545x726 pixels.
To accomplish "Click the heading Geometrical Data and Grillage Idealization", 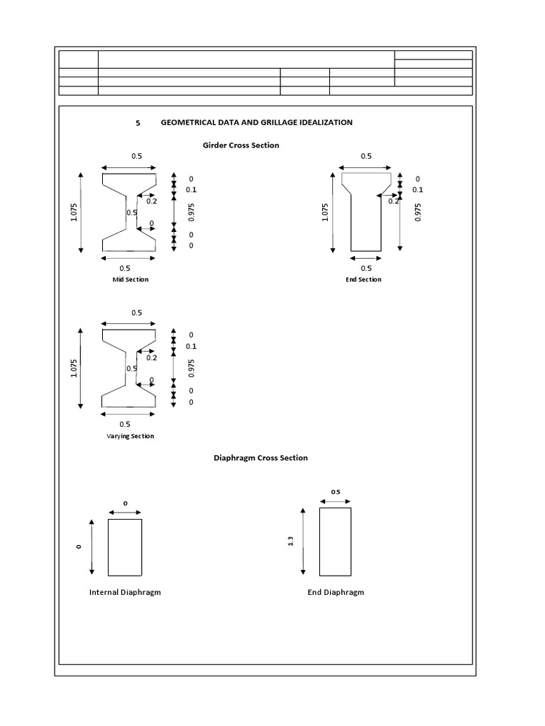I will pyautogui.click(x=256, y=123).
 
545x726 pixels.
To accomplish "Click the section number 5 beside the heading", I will pyautogui.click(x=138, y=123).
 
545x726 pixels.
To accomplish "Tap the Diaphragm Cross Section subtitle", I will pyautogui.click(x=260, y=458).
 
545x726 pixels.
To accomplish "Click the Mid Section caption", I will pyautogui.click(x=131, y=279).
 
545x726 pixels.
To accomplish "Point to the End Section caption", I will pyautogui.click(x=363, y=279).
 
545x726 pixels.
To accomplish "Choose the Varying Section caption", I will pyautogui.click(x=131, y=436).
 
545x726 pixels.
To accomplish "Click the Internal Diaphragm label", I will pyautogui.click(x=125, y=592).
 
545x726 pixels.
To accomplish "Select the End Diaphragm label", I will pyautogui.click(x=336, y=592).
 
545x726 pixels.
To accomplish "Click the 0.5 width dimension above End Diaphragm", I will pyautogui.click(x=336, y=491).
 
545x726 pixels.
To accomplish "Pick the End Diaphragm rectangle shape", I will pyautogui.click(x=335, y=542).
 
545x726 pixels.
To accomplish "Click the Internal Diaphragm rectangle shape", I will pyautogui.click(x=125, y=547).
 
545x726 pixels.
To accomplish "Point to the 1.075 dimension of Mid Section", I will pyautogui.click(x=74, y=213).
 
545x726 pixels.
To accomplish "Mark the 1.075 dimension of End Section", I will pyautogui.click(x=325, y=213).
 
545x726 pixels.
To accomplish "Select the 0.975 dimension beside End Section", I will pyautogui.click(x=417, y=213).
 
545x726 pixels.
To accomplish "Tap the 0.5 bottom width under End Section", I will pyautogui.click(x=366, y=268).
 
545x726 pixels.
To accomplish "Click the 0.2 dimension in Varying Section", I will pyautogui.click(x=152, y=357).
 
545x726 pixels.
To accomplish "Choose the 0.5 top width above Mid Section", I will pyautogui.click(x=136, y=156).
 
